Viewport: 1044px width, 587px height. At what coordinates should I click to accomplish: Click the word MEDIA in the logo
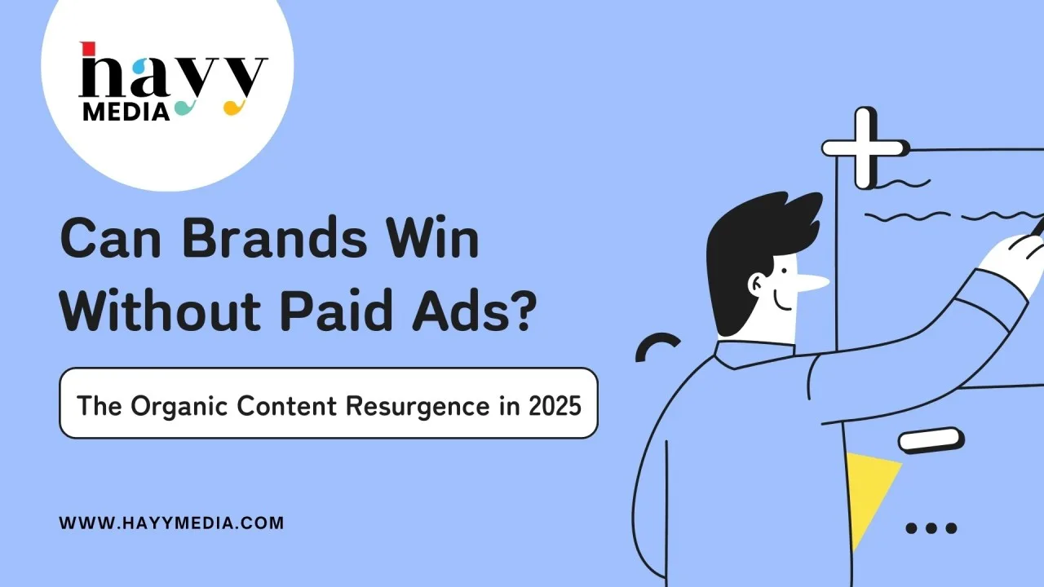pos(126,112)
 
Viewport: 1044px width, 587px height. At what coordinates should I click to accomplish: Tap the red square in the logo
pos(87,48)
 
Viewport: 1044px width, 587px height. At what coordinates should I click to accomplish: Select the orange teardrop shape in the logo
pos(233,108)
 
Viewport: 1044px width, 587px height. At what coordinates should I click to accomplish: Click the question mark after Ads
pos(522,309)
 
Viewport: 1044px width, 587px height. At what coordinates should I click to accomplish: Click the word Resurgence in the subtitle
pos(418,406)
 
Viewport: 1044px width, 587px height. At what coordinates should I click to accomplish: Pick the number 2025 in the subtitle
pos(555,405)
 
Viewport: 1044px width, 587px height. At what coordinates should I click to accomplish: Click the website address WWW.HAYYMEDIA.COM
pos(171,523)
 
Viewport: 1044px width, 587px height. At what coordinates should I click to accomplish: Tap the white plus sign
pos(864,148)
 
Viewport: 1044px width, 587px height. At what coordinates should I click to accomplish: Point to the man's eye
pos(784,270)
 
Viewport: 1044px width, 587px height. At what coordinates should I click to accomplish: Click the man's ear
pos(758,284)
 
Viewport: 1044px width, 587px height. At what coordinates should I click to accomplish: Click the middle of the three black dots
pos(931,527)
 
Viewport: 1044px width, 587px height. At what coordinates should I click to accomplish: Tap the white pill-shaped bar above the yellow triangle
pos(931,440)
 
